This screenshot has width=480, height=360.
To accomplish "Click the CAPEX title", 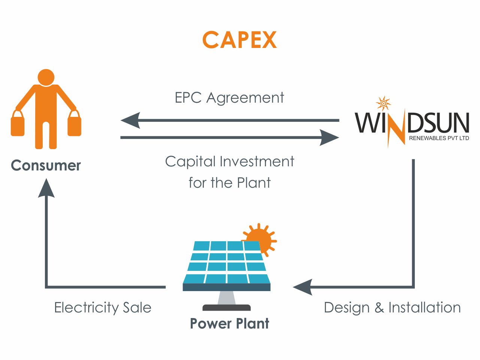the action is [239, 40].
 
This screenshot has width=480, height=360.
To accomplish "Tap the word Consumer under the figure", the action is [46, 166].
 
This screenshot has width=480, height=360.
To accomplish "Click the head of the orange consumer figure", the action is [46, 78].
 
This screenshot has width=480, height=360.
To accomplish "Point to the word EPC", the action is [188, 97].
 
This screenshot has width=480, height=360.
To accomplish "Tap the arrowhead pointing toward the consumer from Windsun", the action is [130, 120].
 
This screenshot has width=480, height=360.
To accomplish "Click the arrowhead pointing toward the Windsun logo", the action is [329, 137].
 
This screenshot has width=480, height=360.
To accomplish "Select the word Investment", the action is [257, 161].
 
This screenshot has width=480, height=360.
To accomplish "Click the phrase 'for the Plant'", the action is [230, 182].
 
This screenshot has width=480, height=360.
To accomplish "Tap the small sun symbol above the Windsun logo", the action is [383, 103].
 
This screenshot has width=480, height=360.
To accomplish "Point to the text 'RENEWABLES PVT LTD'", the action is [439, 138].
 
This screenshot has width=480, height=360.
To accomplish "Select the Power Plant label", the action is [230, 324].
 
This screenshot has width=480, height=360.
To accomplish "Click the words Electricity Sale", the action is [103, 308].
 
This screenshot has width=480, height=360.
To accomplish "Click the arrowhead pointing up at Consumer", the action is [46, 188].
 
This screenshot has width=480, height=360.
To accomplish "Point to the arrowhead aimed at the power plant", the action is [303, 287].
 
